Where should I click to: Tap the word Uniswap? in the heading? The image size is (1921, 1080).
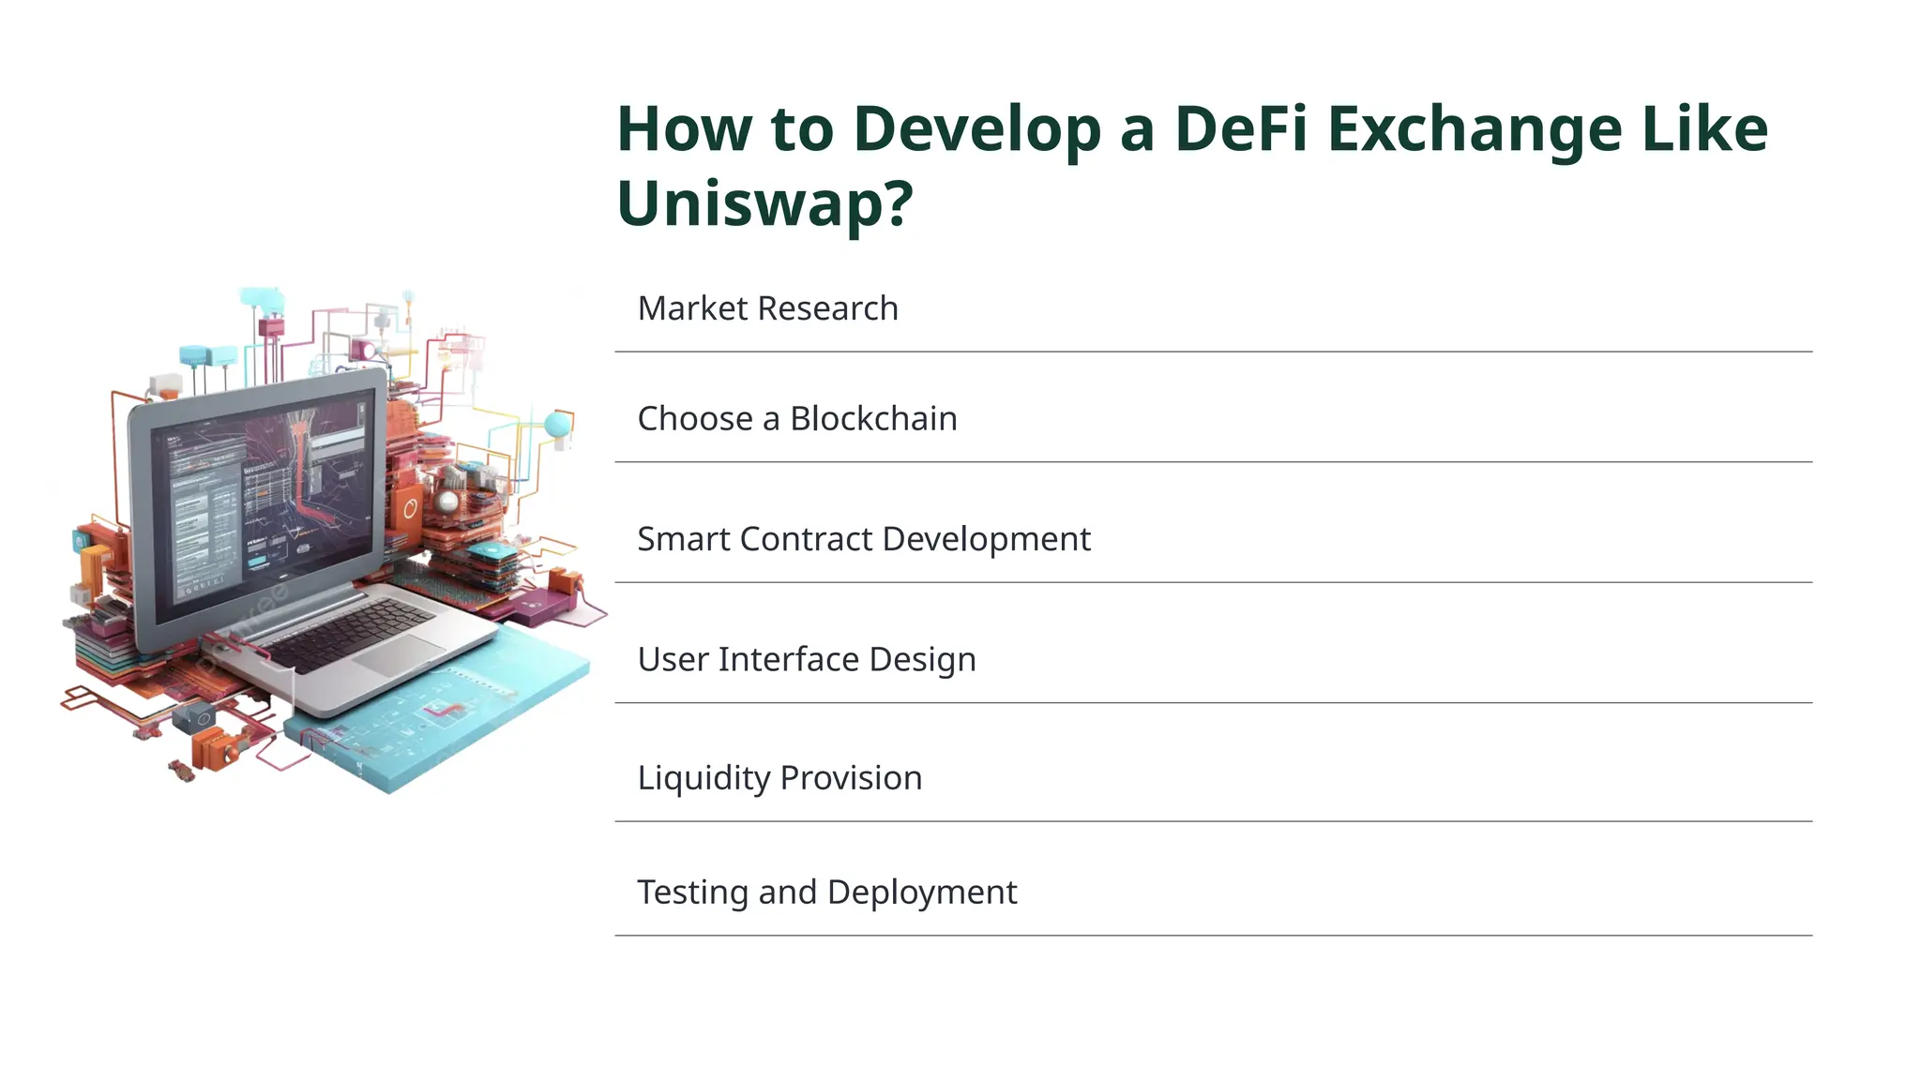coord(764,203)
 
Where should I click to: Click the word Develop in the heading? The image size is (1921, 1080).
coord(977,131)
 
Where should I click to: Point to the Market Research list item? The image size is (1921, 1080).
coord(767,308)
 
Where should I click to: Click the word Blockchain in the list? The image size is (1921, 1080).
coord(873,419)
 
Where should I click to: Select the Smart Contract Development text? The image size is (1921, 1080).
coord(863,539)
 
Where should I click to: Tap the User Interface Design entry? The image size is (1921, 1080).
coord(807,659)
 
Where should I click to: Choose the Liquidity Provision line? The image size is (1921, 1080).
coord(779,778)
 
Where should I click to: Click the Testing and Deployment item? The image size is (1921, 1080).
coord(826,892)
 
